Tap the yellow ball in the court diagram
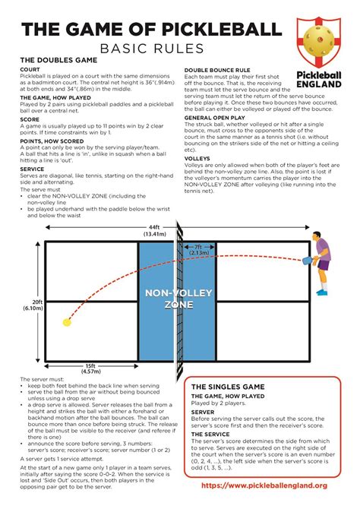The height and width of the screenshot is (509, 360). (x=66, y=323)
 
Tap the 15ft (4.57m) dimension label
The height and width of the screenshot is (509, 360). (x=90, y=368)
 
